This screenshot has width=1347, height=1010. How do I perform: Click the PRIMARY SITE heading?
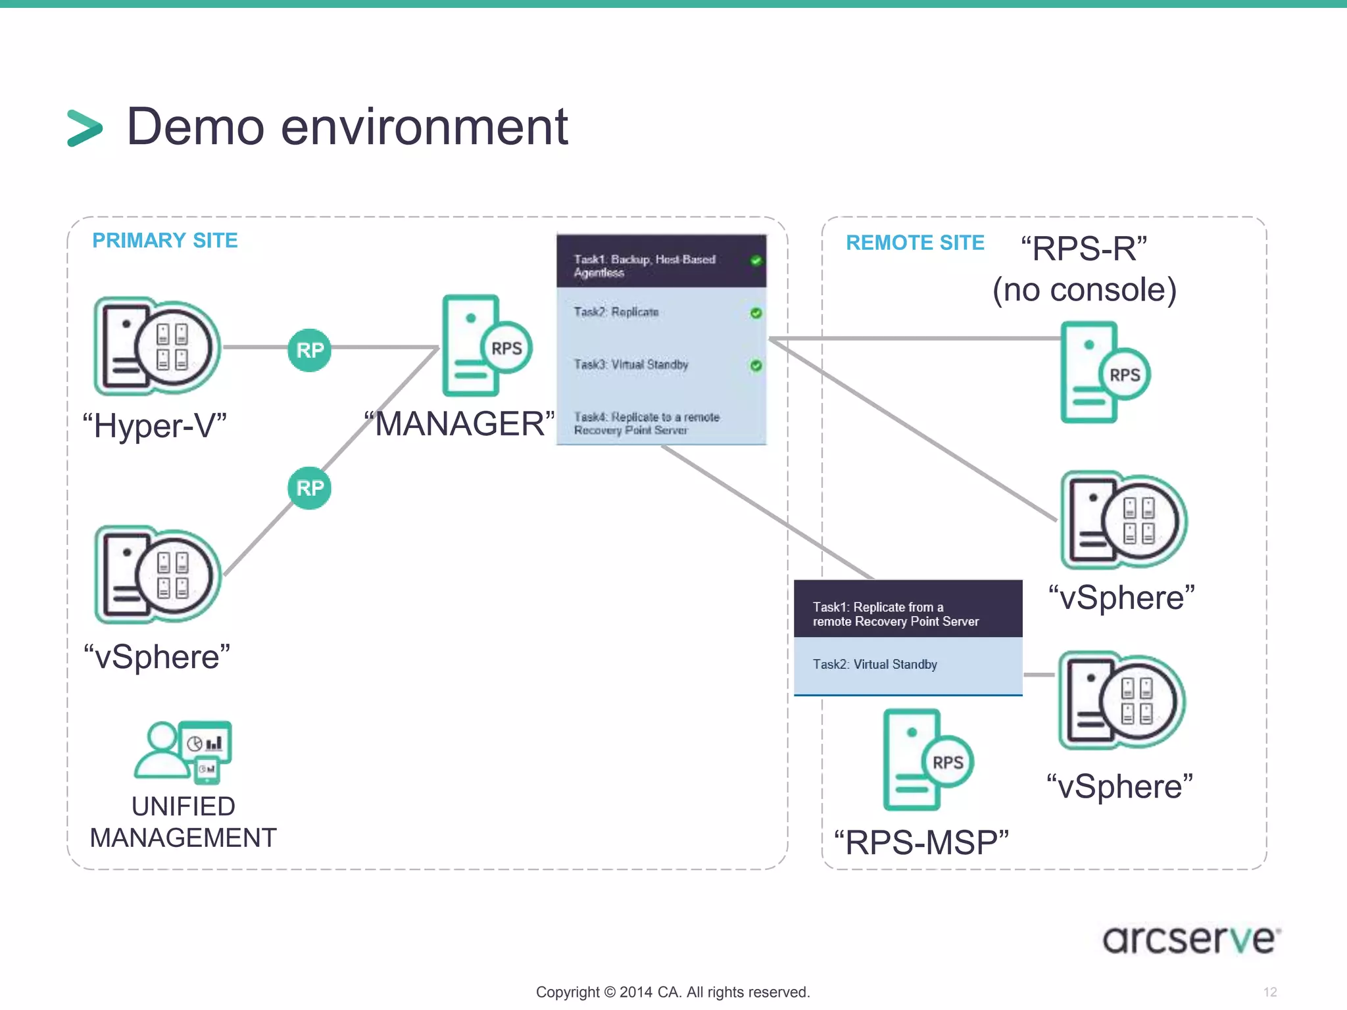click(x=164, y=241)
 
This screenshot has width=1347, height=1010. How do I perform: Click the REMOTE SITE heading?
click(x=915, y=243)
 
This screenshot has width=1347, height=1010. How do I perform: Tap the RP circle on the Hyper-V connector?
click(x=310, y=350)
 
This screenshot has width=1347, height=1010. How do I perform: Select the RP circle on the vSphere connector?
click(x=310, y=488)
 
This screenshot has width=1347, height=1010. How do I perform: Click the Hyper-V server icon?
click(x=157, y=346)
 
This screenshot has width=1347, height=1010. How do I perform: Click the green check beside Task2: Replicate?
click(x=756, y=313)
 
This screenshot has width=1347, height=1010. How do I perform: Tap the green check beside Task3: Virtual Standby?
click(x=756, y=365)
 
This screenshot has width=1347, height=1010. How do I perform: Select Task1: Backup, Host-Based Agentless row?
click(x=661, y=262)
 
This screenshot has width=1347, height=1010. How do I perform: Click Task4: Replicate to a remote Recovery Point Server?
click(x=648, y=423)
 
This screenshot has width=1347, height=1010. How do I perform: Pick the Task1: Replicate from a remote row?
click(x=908, y=609)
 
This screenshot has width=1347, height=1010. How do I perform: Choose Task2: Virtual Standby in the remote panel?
click(x=908, y=665)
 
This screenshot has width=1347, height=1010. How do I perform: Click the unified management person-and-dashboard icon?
click(x=184, y=752)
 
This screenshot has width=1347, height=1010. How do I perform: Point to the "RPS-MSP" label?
click(x=921, y=843)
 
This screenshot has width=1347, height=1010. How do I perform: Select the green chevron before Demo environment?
click(x=85, y=128)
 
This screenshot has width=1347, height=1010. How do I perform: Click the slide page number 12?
click(x=1269, y=992)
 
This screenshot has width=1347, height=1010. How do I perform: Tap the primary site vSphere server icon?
click(x=157, y=575)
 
